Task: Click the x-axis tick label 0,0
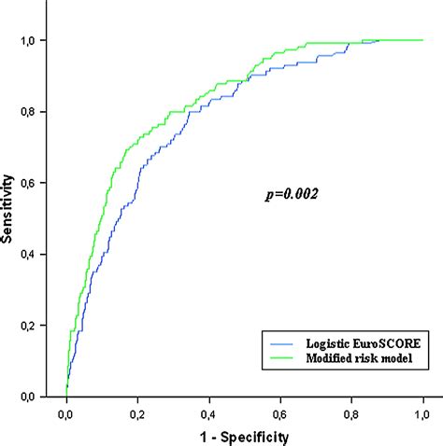tap(66, 411)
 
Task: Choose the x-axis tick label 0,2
tap(137, 411)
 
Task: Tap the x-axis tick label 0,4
tap(209, 411)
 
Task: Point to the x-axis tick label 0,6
tap(280, 411)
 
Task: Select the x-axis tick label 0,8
tap(351, 411)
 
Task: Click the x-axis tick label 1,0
tap(422, 411)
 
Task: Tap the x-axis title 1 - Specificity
tap(243, 435)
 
